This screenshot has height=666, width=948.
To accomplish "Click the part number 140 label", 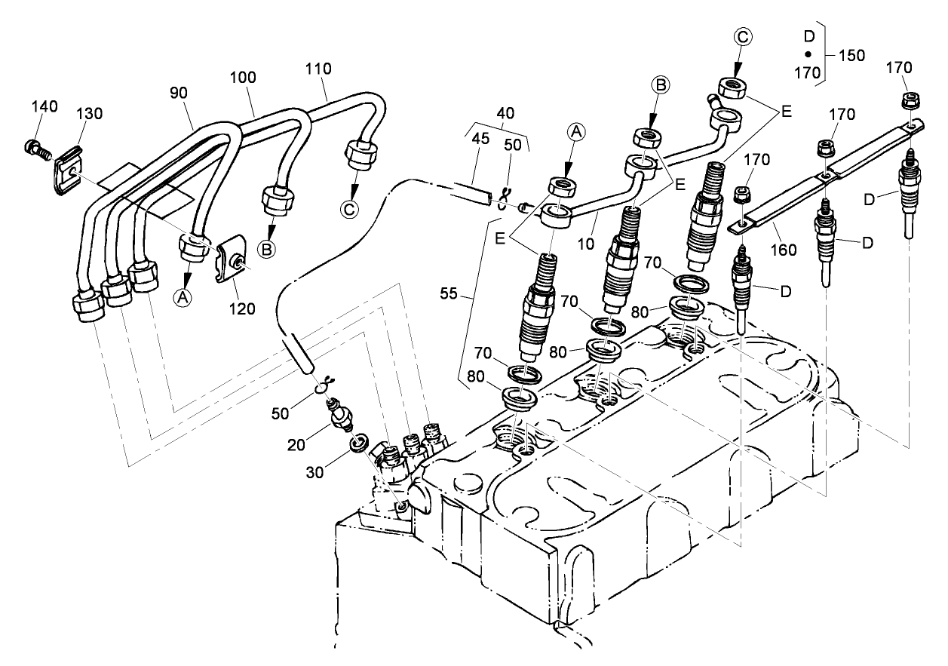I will tap(44, 106).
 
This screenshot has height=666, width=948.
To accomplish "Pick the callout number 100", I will tap(244, 77).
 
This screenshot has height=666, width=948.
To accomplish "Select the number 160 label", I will tap(785, 249).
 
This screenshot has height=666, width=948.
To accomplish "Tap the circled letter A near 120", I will tap(182, 298).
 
